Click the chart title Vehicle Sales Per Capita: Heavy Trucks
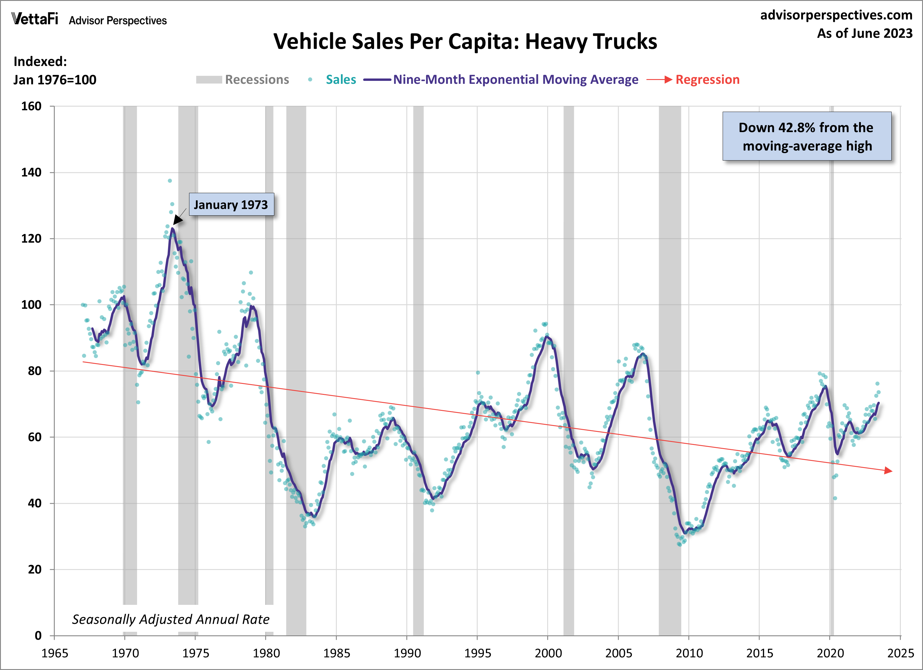465,41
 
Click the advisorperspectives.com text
836,15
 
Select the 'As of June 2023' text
864,33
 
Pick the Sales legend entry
341,79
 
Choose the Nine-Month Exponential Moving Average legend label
515,79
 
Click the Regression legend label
707,79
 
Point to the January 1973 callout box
231,204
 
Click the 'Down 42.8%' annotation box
807,137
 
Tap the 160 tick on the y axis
31,106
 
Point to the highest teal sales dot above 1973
170,180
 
